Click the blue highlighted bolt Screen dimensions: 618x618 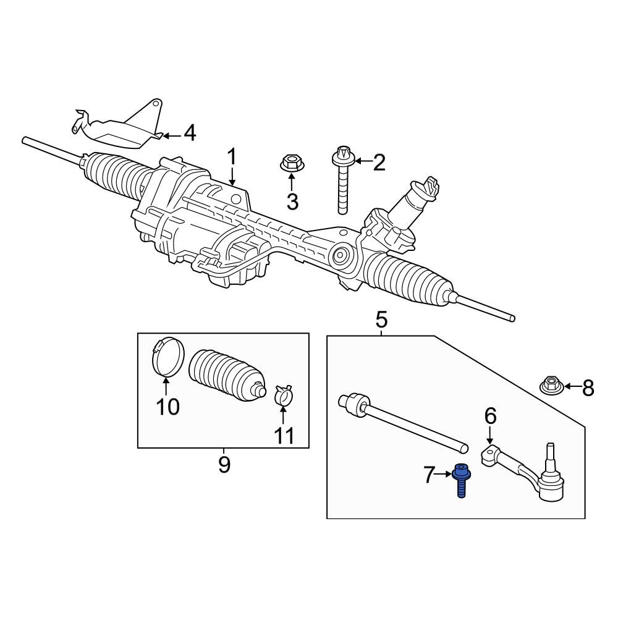[x=460, y=480]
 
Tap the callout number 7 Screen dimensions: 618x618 [x=429, y=475]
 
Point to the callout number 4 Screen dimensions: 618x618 [x=190, y=133]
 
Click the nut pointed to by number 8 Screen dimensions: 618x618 [x=550, y=386]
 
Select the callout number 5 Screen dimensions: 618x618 [x=381, y=320]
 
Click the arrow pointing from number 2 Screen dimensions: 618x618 [x=363, y=161]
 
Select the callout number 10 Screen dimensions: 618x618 [x=168, y=407]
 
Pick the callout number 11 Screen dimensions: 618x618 [x=284, y=436]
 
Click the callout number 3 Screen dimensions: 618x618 [x=292, y=202]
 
